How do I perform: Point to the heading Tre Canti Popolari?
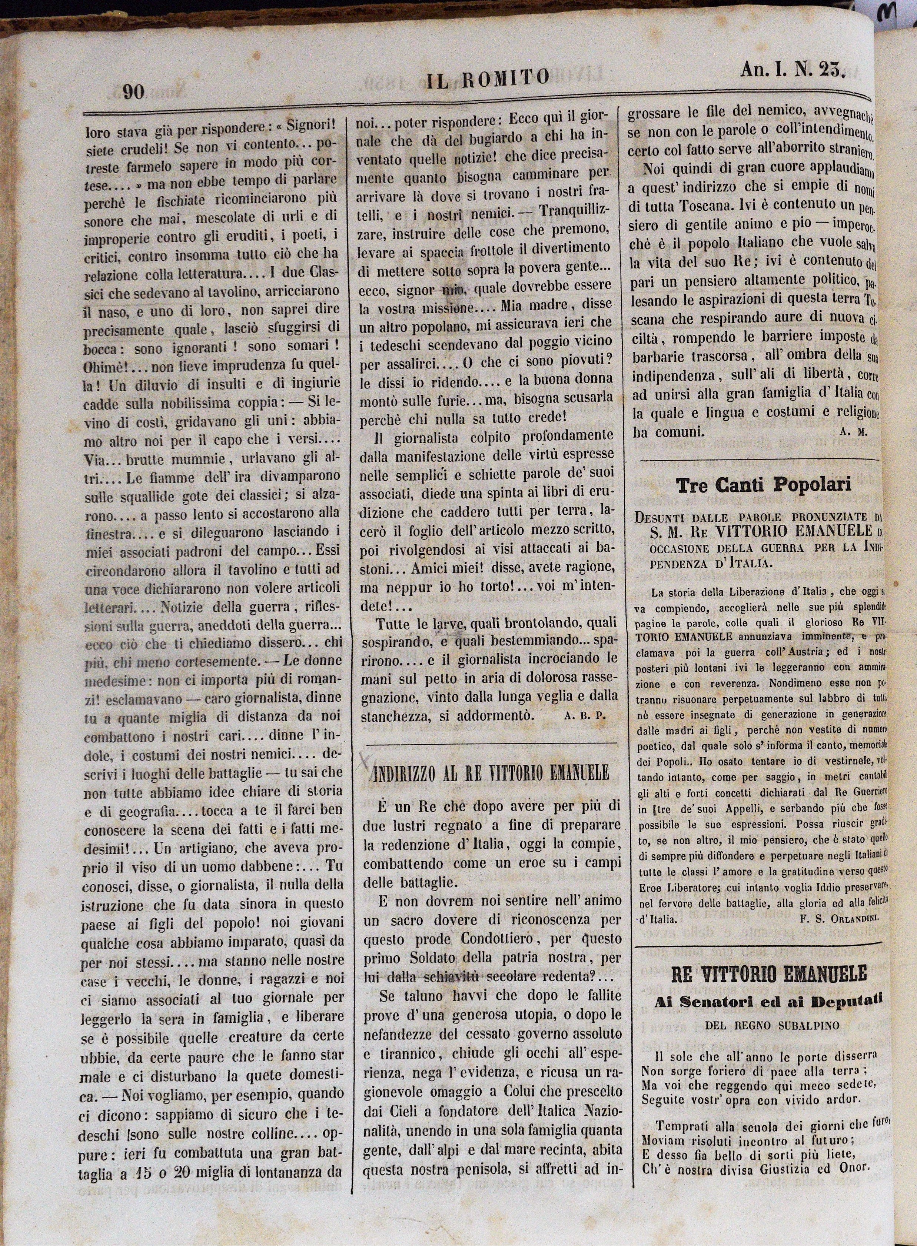pyautogui.click(x=763, y=485)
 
